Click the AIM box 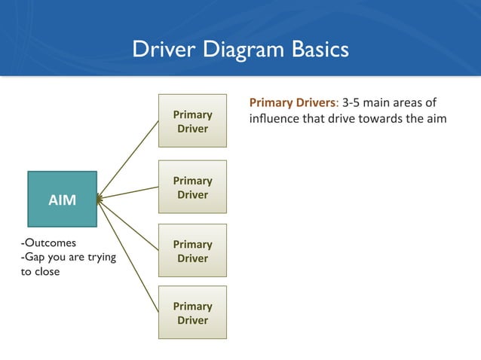pyautogui.click(x=62, y=199)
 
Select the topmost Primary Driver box pyautogui.click(x=192, y=121)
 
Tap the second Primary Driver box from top pyautogui.click(x=192, y=188)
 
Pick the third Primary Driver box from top pyautogui.click(x=192, y=251)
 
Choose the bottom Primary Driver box pyautogui.click(x=192, y=313)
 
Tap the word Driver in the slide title pyautogui.click(x=158, y=50)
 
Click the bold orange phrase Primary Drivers pyautogui.click(x=293, y=102)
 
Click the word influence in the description pyautogui.click(x=274, y=120)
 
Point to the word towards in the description pyautogui.click(x=378, y=120)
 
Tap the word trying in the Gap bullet pyautogui.click(x=102, y=258)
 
